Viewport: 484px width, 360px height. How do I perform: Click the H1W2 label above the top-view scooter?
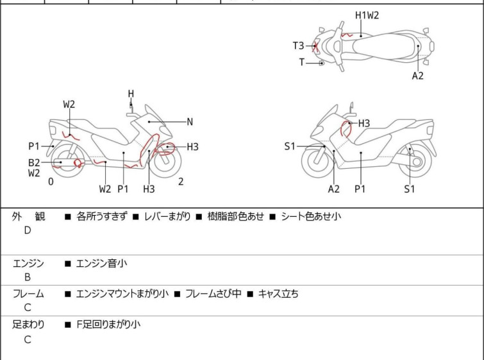point(367,15)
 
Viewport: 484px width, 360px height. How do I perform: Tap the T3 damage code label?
point(299,46)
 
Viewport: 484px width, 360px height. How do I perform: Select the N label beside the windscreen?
point(190,121)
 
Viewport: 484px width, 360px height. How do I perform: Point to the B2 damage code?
point(34,162)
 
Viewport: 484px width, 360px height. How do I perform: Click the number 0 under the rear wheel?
point(51,182)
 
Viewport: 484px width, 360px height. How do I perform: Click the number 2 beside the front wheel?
point(181,182)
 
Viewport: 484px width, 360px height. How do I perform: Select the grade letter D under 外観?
point(28,230)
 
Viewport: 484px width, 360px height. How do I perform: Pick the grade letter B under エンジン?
point(28,277)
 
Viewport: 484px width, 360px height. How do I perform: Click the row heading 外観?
point(28,217)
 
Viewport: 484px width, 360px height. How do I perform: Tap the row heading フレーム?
point(28,294)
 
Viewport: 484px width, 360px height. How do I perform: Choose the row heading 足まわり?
point(28,325)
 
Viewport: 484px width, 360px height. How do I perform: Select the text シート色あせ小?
point(311,217)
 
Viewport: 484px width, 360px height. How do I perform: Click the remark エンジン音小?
point(101,263)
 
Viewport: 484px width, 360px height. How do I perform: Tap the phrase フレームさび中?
point(213,294)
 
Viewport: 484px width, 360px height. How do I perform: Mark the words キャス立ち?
point(278,294)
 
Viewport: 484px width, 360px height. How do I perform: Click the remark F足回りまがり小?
point(108,325)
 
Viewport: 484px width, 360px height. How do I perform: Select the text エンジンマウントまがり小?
point(122,294)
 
